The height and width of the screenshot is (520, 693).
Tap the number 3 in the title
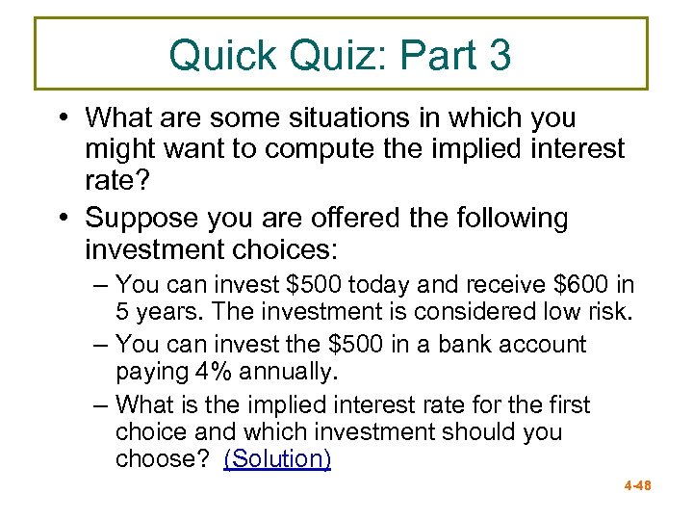coord(500,56)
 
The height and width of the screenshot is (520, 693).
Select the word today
coord(383,285)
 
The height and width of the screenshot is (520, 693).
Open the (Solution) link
coord(277,458)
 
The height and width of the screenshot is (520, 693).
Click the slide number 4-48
coord(636,486)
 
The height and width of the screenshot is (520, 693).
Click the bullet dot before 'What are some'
coord(60,118)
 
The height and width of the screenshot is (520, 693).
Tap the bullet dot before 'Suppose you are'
coord(60,219)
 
